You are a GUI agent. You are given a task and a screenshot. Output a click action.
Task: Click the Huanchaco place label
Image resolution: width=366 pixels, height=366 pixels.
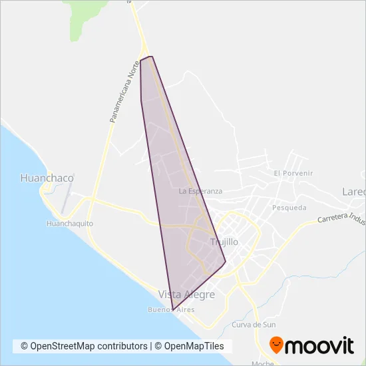[47, 178]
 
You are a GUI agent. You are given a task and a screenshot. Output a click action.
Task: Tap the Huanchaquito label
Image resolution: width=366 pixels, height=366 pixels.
[70, 224]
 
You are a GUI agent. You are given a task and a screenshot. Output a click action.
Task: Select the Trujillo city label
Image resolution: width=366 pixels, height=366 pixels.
[224, 242]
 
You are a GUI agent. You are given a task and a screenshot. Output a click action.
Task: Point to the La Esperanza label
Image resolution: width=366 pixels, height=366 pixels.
[200, 191]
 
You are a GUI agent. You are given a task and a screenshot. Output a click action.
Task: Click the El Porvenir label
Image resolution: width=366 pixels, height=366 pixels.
[293, 173]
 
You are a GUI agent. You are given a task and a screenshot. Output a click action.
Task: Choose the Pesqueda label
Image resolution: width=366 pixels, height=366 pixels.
[289, 208]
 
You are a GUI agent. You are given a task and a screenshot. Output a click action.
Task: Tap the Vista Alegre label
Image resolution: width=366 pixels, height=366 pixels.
[186, 294]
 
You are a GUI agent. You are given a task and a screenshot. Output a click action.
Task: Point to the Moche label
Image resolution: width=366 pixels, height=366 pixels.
[263, 363]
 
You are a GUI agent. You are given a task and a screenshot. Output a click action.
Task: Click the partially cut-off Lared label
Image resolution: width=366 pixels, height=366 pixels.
[353, 192]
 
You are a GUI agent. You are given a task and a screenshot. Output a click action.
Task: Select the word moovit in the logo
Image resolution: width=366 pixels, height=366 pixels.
[320, 346]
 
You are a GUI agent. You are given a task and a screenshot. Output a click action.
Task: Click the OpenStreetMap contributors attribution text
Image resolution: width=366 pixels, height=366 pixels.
[84, 346]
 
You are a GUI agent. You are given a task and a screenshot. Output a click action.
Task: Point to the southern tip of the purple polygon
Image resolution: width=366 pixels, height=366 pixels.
[173, 310]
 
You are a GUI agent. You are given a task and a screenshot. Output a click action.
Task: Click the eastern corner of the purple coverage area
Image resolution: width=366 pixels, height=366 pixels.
[226, 262]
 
